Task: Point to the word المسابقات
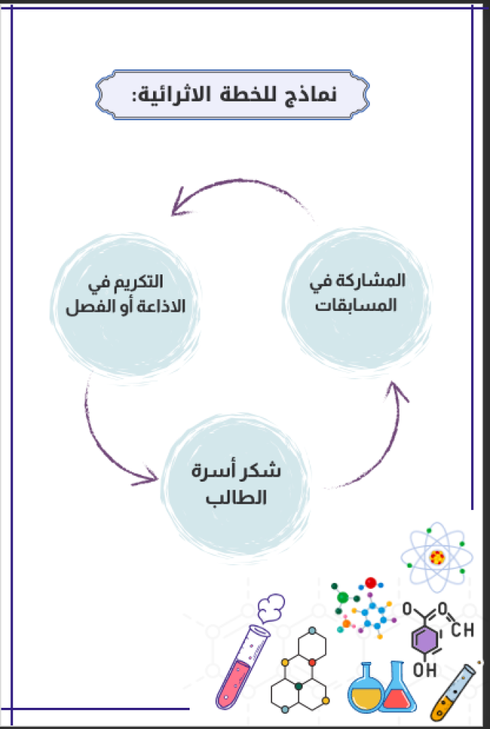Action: point(357,306)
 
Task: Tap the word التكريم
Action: point(142,281)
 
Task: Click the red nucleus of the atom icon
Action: point(437,558)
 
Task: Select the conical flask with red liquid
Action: point(398,690)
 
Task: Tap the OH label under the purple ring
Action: point(422,668)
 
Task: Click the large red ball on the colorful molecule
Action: point(370,582)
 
